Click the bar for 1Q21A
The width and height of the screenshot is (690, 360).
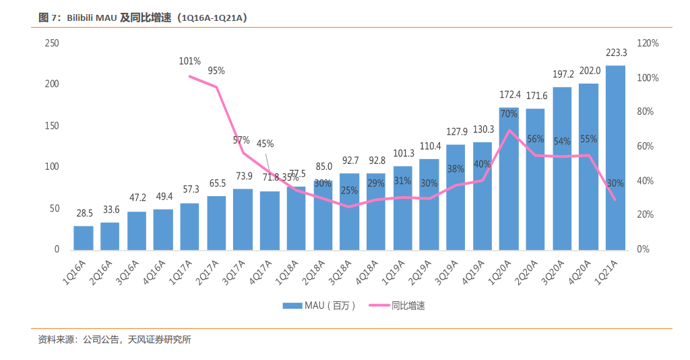coord(615,158)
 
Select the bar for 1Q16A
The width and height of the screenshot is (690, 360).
coord(83,238)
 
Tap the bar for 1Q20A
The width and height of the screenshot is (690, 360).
coord(509,179)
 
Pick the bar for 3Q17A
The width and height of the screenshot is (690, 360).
coord(243,220)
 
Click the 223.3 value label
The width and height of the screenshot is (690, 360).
coord(616,53)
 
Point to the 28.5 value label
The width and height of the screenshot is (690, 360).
coord(84,214)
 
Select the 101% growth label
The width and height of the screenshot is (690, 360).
coord(189,61)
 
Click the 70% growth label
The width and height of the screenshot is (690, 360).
coord(509,114)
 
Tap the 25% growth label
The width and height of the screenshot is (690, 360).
coord(349,191)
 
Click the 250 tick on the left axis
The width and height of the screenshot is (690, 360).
coord(52,43)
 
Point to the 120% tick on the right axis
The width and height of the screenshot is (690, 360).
coord(648,43)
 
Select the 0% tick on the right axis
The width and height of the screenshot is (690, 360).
coord(643,249)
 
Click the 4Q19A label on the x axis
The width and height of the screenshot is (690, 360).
coord(473,272)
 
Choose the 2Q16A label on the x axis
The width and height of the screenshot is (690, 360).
coord(101,272)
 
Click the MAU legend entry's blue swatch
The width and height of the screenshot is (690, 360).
coord(292,305)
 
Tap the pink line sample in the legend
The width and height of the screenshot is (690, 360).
coord(379,305)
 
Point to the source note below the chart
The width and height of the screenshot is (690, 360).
coord(115,340)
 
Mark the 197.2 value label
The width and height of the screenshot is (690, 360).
coord(563,74)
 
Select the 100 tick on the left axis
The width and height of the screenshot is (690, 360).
coord(52,167)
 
